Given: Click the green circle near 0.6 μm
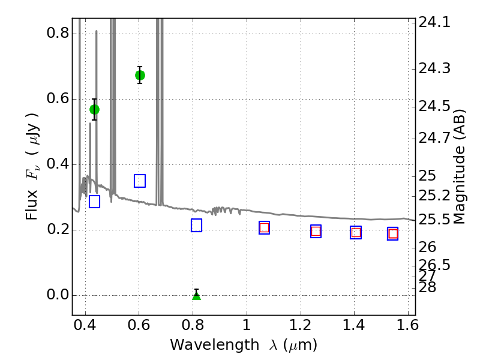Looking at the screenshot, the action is pos(140,75).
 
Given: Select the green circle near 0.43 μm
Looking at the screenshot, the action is pos(94,109).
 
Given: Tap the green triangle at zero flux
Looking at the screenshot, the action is pos(197,296).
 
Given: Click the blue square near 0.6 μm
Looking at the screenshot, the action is pos(140,181).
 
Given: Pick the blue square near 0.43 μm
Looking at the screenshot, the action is pos(94,202).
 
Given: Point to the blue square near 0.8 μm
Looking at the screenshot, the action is pos(196,226).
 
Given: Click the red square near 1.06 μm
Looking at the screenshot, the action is pos(264,228).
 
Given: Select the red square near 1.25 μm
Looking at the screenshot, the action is pos(316,231).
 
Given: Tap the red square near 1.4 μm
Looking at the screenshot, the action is pos(356,233).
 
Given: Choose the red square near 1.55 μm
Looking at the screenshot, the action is pos(393,234).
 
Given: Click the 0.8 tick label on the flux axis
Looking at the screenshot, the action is pos(58,33).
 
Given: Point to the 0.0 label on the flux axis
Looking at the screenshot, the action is pos(58,295).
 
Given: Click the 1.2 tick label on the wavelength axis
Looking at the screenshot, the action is pos(301,325).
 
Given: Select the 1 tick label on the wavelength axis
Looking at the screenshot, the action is pos(247,325).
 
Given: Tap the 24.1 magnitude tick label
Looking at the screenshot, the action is pos(434,22).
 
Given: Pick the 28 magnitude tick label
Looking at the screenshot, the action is pos(427,287).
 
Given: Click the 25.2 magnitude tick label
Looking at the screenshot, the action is pos(434,196).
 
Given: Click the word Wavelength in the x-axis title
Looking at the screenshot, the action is pos(215,346).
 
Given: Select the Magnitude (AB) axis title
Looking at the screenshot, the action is pos(459,167).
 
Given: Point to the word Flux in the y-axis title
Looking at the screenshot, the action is pos(32,205).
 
